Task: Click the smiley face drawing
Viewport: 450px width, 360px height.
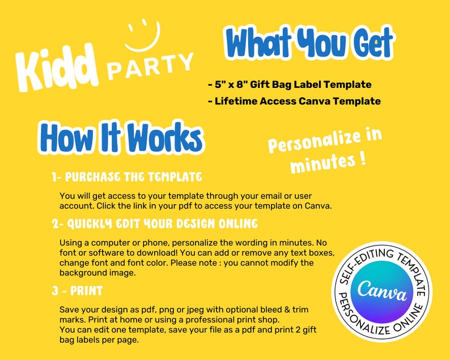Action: pyautogui.click(x=143, y=46)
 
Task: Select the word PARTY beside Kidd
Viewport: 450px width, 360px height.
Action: pyautogui.click(x=150, y=66)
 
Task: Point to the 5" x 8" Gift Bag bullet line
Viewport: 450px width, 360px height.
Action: pyautogui.click(x=290, y=84)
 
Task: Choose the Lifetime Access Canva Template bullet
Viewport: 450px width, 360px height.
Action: pyautogui.click(x=294, y=101)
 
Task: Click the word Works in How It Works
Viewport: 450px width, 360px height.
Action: pyautogui.click(x=165, y=137)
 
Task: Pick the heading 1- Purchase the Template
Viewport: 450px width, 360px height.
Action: pyautogui.click(x=127, y=177)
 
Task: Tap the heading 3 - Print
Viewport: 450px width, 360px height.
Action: pyautogui.click(x=77, y=291)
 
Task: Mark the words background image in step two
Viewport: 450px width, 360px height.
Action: pyautogui.click(x=97, y=273)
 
